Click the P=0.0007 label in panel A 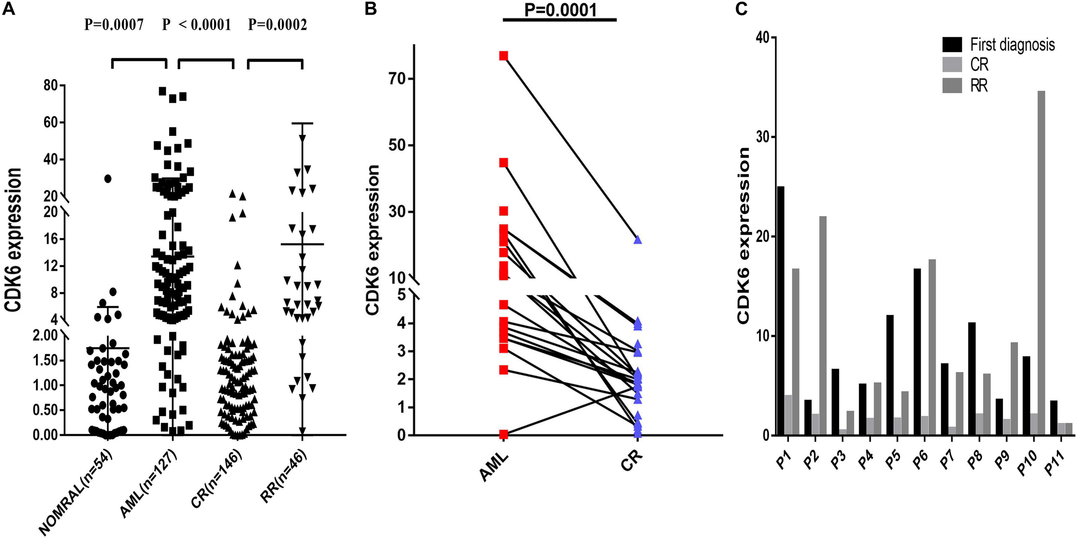pyautogui.click(x=114, y=25)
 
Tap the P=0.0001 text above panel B pyautogui.click(x=560, y=9)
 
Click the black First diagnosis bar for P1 pyautogui.click(x=780, y=311)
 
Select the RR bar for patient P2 pyautogui.click(x=823, y=325)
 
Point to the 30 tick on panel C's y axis pyautogui.click(x=762, y=137)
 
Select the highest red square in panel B pyautogui.click(x=504, y=56)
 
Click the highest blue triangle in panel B pyautogui.click(x=638, y=240)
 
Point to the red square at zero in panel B pyautogui.click(x=504, y=434)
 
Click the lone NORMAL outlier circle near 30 pyautogui.click(x=108, y=179)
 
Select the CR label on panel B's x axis pyautogui.click(x=632, y=462)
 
